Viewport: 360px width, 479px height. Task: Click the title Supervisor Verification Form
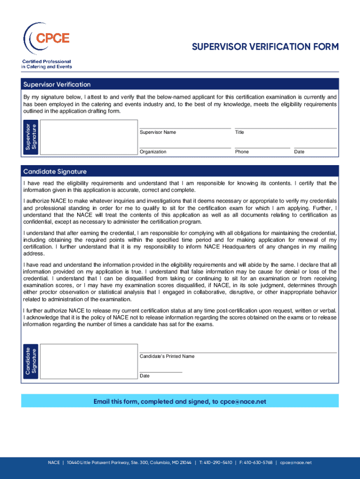265,47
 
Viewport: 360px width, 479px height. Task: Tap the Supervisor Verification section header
57,85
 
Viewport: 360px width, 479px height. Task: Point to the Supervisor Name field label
158,132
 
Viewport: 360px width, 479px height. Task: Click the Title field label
239,132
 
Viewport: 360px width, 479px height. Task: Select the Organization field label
153,152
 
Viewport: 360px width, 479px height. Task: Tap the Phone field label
242,152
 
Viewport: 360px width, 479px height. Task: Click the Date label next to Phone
299,152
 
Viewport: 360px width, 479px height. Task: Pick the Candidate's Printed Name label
167,356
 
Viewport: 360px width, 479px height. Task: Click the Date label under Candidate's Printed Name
144,376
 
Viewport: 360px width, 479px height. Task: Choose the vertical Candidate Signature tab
31,362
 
